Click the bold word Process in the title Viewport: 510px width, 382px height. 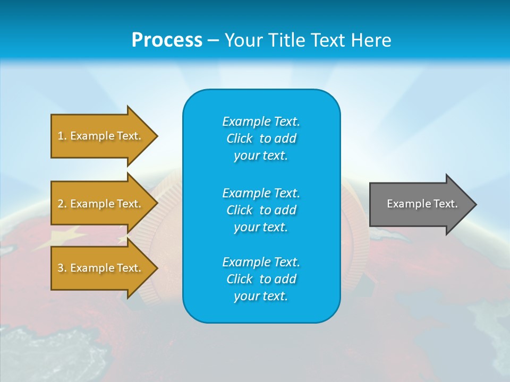(167, 40)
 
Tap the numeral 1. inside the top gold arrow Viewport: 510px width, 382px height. (62, 136)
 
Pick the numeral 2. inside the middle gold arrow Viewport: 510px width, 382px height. (62, 204)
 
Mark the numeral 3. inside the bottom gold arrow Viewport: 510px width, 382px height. (62, 268)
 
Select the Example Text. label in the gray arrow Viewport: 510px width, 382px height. (422, 204)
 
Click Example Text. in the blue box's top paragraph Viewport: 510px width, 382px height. (261, 121)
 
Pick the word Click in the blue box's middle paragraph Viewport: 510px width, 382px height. (239, 210)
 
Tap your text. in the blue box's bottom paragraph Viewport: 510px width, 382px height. (261, 296)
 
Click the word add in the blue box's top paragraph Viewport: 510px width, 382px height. (286, 138)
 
